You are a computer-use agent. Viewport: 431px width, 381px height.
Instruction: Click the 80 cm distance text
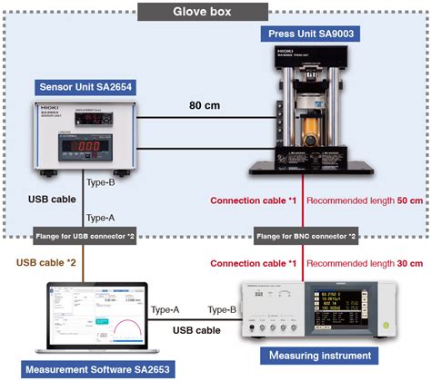[205, 105]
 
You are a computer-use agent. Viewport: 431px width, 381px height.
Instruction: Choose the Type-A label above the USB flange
[103, 217]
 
